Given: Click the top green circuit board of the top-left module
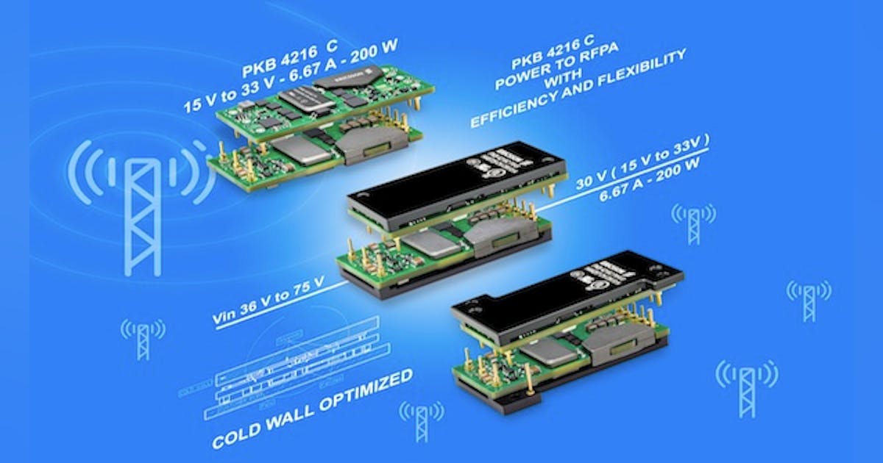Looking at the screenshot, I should pos(324,103).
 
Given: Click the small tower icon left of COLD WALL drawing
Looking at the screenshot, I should pos(143,339).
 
